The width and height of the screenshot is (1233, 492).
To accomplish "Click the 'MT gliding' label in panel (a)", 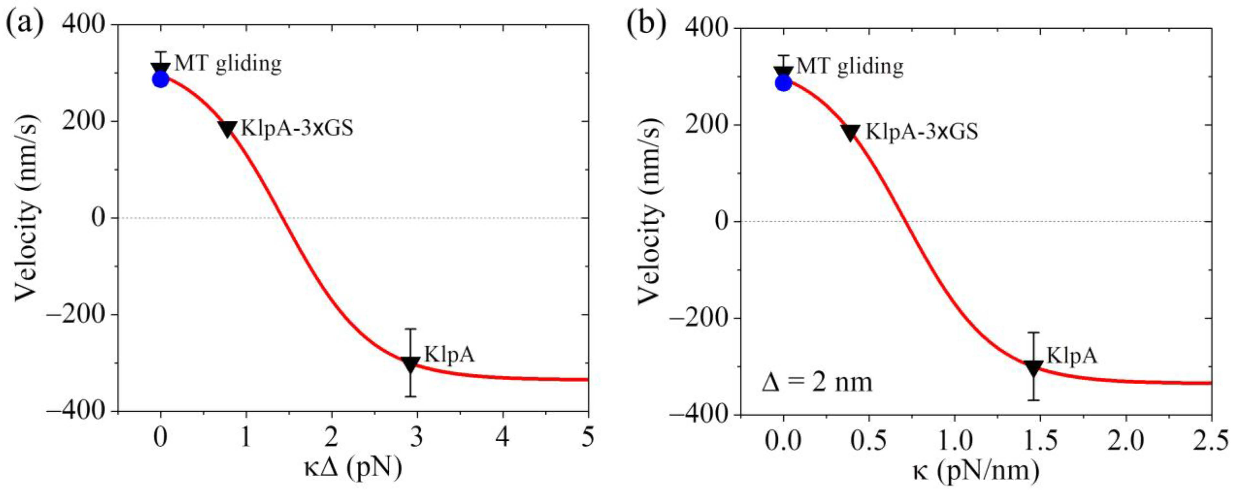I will pos(228,64).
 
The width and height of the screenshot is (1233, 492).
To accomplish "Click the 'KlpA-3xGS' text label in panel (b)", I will pos(922,131).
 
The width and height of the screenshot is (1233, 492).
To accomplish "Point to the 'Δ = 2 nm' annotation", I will pos(817,383).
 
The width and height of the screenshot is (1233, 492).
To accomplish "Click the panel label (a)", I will pos(24,23).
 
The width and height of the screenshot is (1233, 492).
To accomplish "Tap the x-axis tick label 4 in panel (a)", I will pos(502,437).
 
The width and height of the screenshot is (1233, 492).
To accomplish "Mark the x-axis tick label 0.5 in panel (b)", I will pos(869,441).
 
